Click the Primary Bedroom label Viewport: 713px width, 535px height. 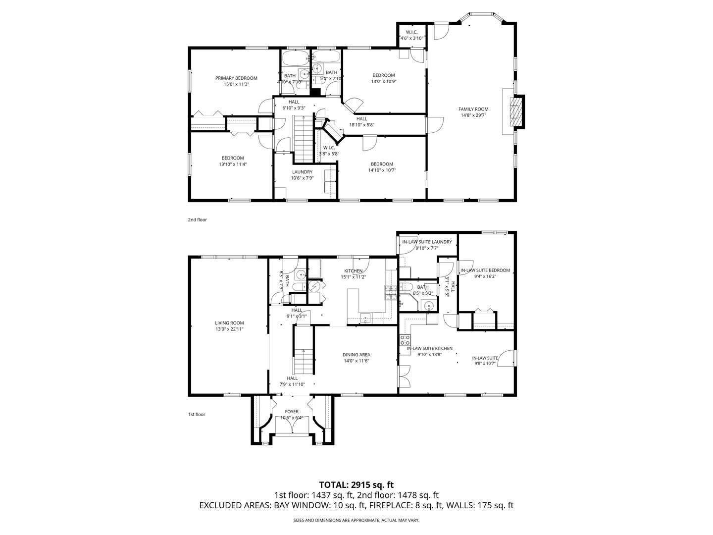tap(236, 78)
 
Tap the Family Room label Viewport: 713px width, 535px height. tap(473, 109)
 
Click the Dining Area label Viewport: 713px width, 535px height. tap(356, 355)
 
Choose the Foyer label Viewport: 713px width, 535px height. tap(292, 412)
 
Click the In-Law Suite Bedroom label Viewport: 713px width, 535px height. tap(485, 270)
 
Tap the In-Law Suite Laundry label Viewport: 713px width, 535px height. tap(427, 242)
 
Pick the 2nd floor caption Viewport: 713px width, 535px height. tap(198, 219)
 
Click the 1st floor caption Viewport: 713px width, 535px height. tap(197, 414)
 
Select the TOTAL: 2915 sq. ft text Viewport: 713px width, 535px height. tap(356, 484)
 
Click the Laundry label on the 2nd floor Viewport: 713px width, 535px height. tap(302, 172)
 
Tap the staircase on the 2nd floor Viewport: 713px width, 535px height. tap(304, 139)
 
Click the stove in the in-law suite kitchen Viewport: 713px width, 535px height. tap(405, 340)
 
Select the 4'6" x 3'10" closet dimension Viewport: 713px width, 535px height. tap(412, 38)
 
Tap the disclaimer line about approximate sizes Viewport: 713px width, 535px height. tap(356, 520)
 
